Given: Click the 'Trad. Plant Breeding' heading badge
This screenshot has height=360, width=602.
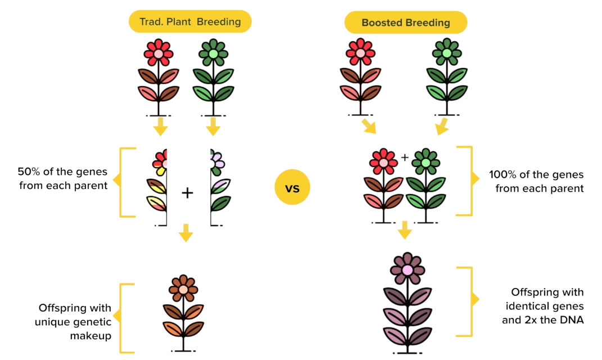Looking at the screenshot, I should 190,22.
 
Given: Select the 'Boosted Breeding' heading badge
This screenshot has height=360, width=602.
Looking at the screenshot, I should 405,22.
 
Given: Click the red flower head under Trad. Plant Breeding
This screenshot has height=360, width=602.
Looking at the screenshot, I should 159,53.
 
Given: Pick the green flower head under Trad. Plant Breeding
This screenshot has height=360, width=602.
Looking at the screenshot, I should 213,53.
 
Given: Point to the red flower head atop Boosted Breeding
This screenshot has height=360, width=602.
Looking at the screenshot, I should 360,52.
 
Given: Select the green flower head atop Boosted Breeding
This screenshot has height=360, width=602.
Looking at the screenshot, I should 447,52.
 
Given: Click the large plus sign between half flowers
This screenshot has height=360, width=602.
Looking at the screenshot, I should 187,193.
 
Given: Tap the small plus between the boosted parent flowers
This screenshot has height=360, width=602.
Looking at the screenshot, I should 405,157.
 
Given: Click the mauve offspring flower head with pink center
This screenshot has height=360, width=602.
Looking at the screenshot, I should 408,269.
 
